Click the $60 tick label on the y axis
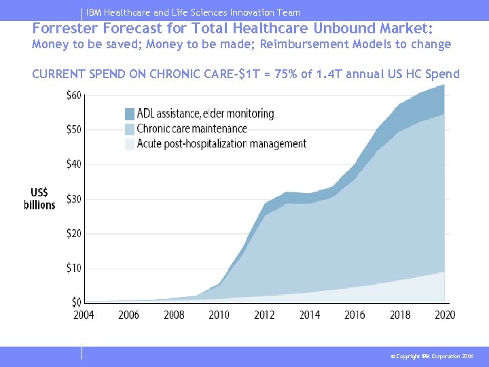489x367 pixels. (73, 95)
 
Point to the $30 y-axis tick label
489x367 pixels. (73, 199)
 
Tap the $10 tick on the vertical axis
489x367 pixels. (73, 268)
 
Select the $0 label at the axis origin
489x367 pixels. (76, 302)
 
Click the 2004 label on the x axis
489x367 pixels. (84, 315)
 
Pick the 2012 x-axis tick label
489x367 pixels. (264, 315)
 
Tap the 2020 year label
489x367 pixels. (444, 315)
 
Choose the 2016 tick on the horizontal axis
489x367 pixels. (355, 315)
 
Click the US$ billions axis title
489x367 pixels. (40, 198)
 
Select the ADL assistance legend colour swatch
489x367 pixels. (130, 113)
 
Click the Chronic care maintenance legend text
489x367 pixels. (192, 128)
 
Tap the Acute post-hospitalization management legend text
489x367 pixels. (221, 143)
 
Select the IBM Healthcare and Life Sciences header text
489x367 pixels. (194, 12)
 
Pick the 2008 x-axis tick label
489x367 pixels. (174, 315)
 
